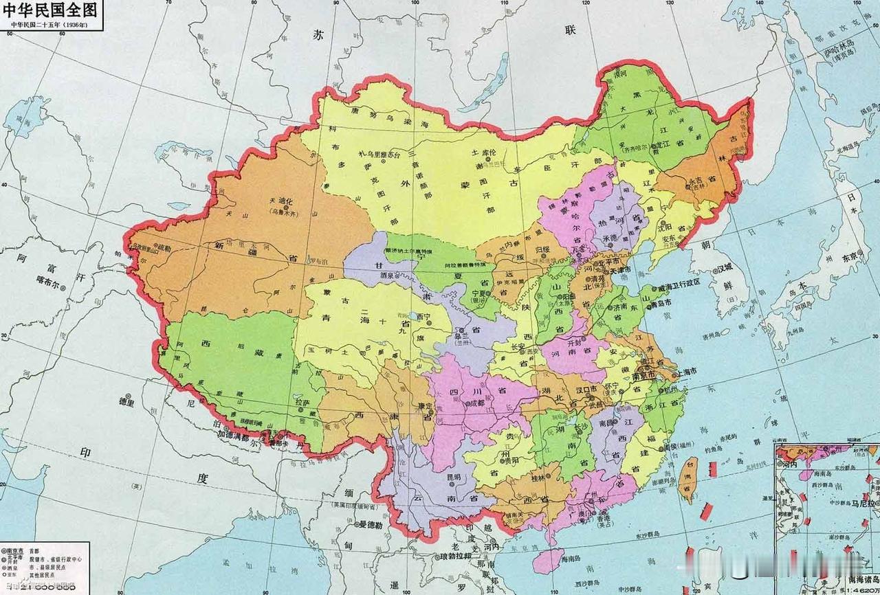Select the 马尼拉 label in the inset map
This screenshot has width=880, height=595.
pyautogui.click(x=863, y=503)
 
